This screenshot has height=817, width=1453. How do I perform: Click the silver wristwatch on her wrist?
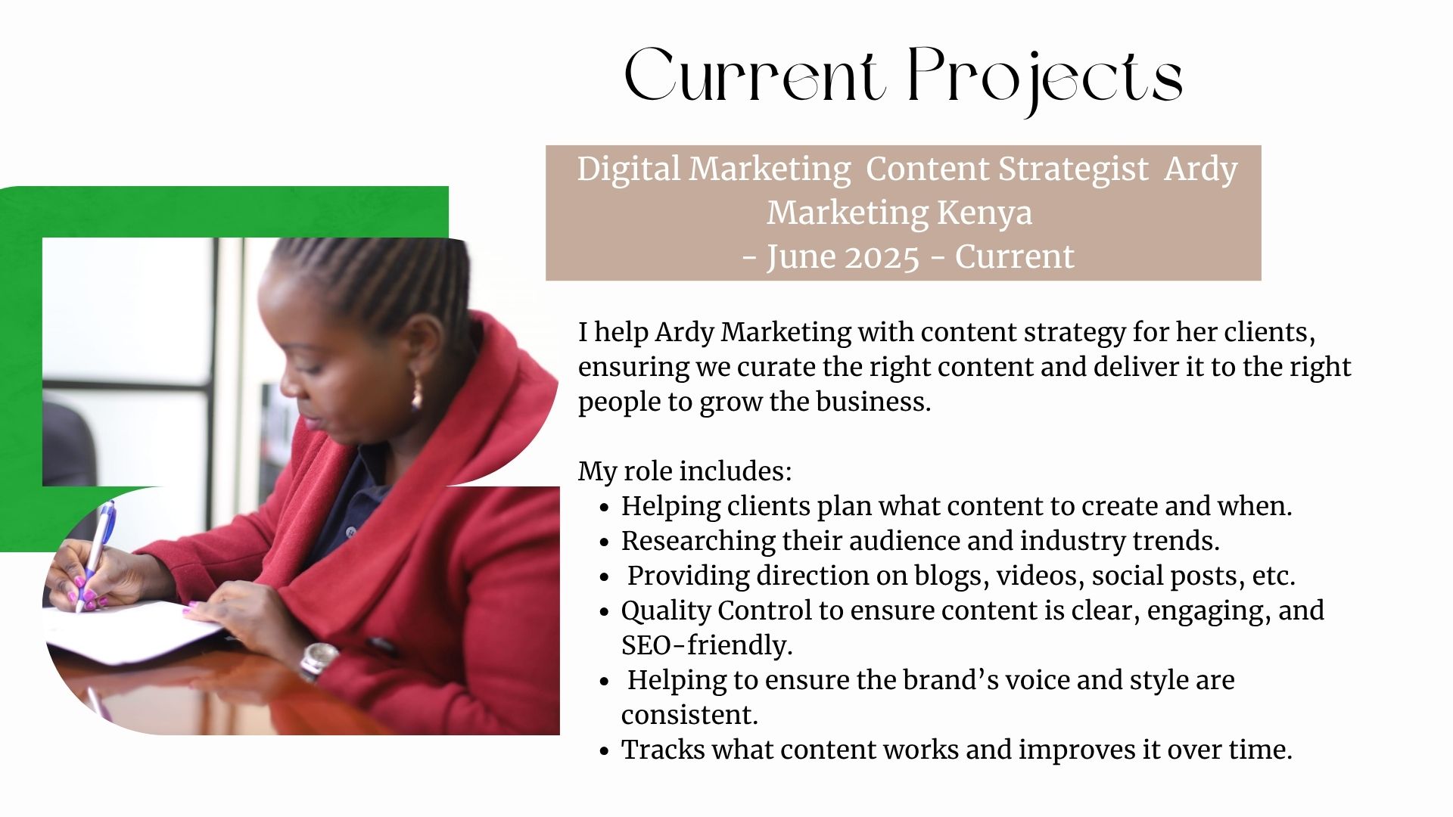tap(319, 660)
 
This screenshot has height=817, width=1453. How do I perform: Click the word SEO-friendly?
tap(707, 645)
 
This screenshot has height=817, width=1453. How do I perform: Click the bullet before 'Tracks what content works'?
tap(603, 752)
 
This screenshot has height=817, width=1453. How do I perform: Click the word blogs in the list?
tap(951, 576)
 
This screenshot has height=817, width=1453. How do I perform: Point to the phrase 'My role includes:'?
tap(685, 472)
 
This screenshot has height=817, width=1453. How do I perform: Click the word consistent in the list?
tap(689, 715)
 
